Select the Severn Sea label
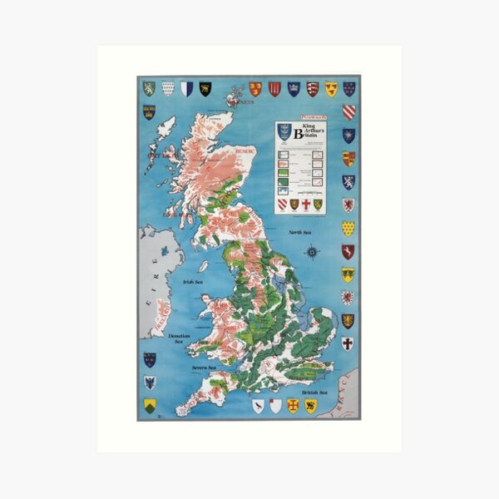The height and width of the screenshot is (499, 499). click(x=204, y=367)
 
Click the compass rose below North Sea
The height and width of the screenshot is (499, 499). click(x=311, y=251)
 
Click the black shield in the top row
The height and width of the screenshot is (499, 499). click(x=205, y=88)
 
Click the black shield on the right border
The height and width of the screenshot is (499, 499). click(x=348, y=320)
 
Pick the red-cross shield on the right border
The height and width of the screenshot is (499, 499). click(x=348, y=343)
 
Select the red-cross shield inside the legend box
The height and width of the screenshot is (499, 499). click(x=305, y=203)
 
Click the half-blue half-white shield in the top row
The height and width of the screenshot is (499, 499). click(x=186, y=88)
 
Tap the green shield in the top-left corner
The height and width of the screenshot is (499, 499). click(x=149, y=88)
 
